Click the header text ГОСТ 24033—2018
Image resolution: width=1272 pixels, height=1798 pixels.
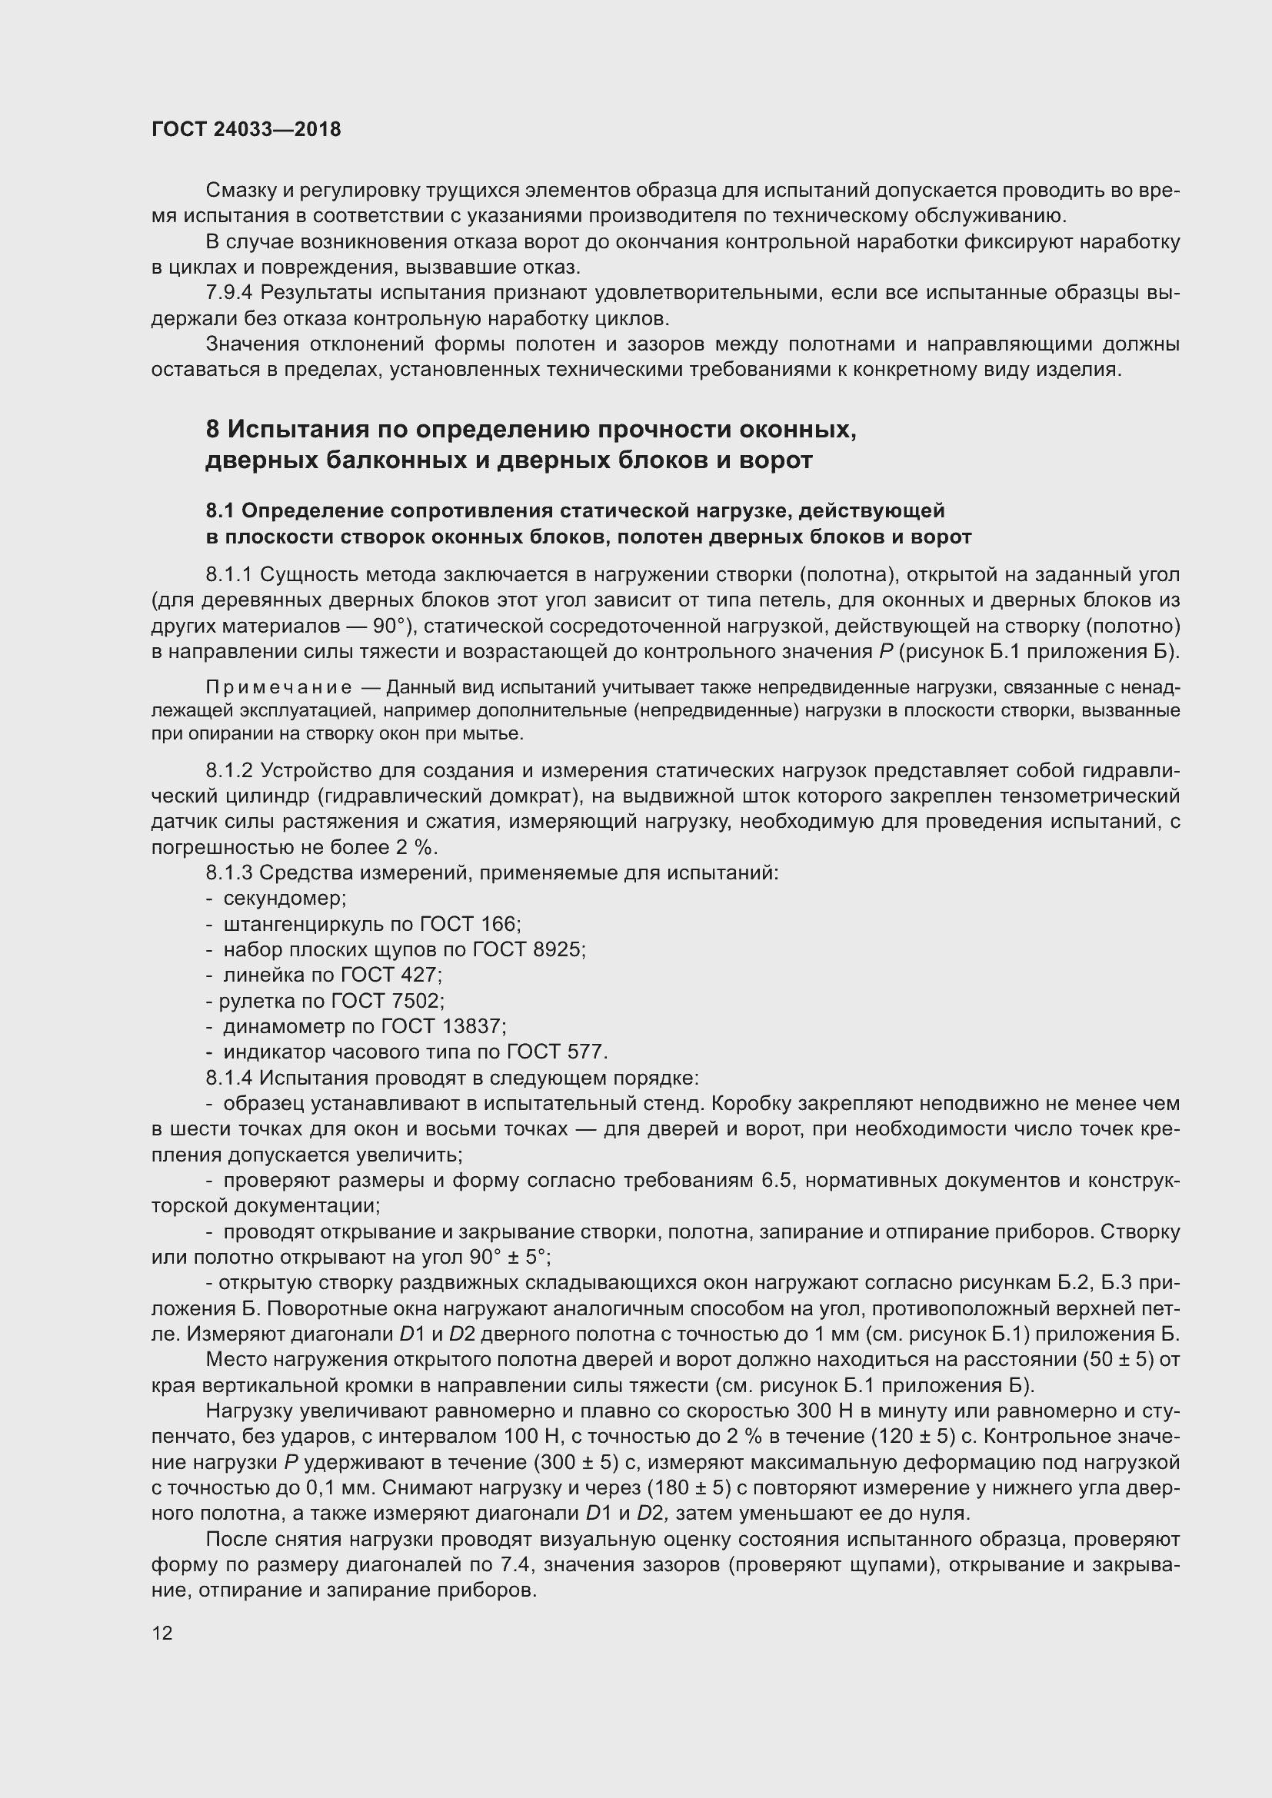pos(246,129)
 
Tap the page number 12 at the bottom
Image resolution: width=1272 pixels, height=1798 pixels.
pos(162,1633)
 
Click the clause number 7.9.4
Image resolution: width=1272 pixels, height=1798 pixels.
pos(229,294)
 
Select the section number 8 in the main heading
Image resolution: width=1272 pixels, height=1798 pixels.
pos(212,430)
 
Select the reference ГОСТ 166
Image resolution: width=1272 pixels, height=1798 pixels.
pos(469,924)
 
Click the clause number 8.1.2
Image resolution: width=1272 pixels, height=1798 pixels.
pos(229,771)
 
